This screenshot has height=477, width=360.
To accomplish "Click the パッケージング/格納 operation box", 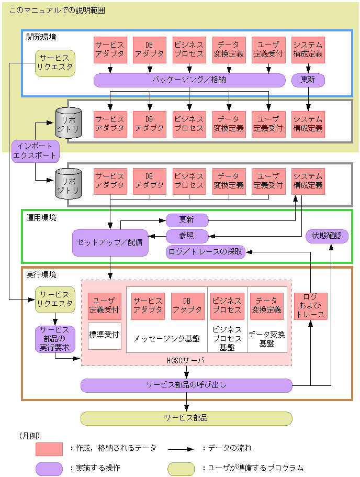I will [189, 80].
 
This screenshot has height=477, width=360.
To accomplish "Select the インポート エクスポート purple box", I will [35, 150].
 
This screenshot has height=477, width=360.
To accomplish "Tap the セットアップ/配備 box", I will [110, 243].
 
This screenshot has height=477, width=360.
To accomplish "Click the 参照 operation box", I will [187, 236].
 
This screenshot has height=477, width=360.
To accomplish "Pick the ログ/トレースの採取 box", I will [205, 252].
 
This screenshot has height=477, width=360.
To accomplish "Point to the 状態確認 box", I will [327, 236].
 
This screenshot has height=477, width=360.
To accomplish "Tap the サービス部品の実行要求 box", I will [55, 339].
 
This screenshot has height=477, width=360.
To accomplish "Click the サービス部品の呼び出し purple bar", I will [186, 385].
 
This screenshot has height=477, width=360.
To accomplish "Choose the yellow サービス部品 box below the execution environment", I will [186, 418].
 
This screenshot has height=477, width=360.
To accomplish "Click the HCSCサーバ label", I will [186, 361].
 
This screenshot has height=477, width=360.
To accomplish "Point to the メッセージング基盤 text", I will [166, 339].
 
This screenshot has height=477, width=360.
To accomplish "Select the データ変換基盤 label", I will [267, 339].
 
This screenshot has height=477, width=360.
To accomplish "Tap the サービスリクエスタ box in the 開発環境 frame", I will [55, 63].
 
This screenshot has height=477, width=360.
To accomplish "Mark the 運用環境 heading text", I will [41, 217].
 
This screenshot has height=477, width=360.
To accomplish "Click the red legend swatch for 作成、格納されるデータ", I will [49, 449].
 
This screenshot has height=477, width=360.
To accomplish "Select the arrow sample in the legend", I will [181, 449].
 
